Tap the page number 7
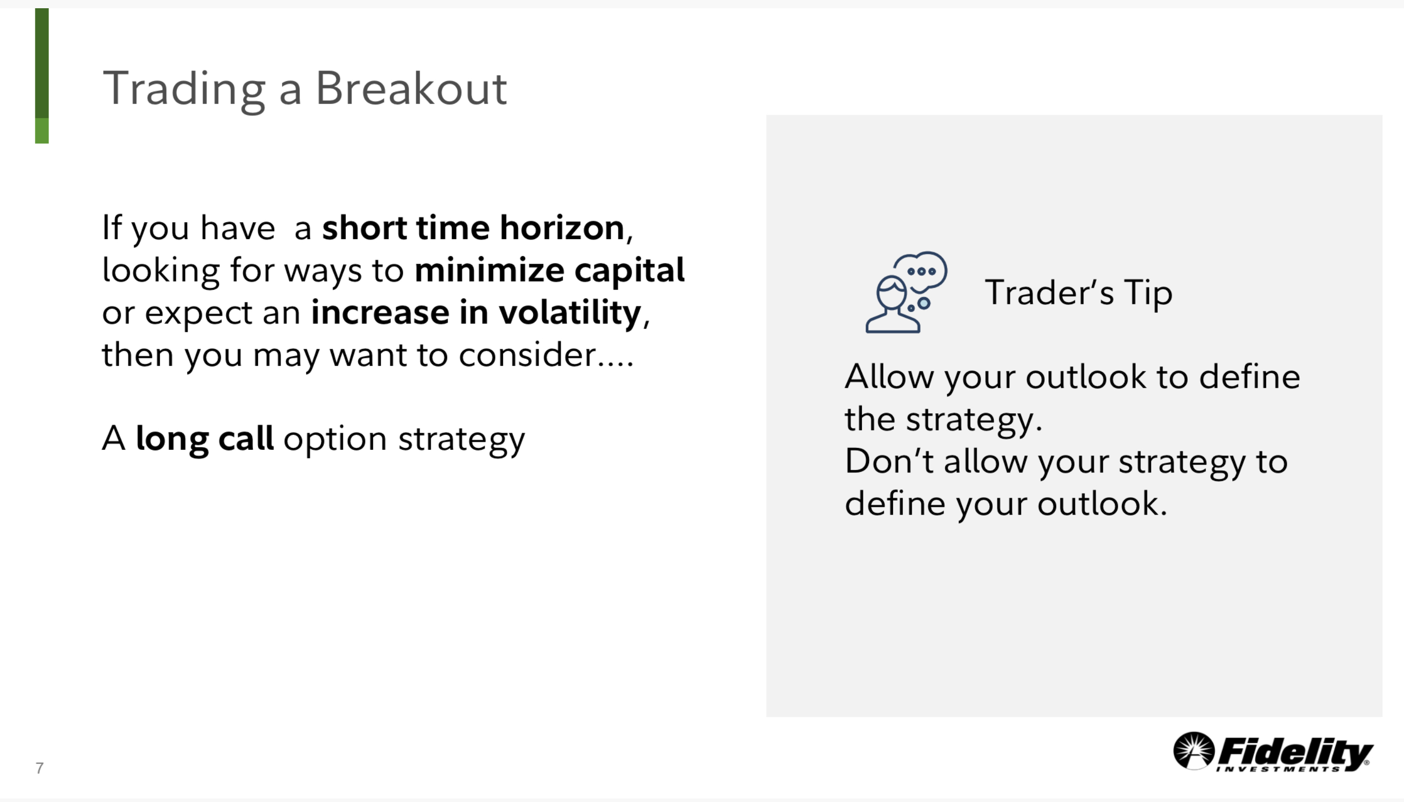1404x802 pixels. pos(39,768)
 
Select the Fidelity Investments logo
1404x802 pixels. pos(1273,752)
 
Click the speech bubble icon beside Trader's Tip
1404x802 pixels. pos(906,292)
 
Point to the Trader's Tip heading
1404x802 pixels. pos(1079,293)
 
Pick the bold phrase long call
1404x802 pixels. pos(205,440)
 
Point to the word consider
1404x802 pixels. pos(527,354)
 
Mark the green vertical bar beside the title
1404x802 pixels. pos(42,76)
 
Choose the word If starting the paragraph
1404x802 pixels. pos(112,227)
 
